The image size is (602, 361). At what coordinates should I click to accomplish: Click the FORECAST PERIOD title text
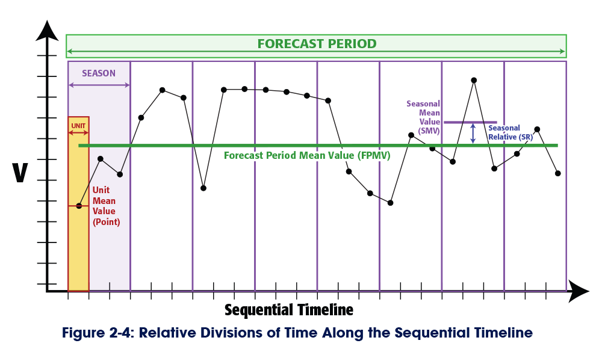point(317,44)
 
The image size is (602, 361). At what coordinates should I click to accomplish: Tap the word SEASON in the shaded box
point(99,73)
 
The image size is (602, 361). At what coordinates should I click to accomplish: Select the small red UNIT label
point(78,126)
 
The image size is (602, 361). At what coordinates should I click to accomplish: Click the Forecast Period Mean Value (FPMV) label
point(307,155)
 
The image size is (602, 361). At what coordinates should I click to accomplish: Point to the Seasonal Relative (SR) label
point(510,132)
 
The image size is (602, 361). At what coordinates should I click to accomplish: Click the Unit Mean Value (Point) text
point(106,206)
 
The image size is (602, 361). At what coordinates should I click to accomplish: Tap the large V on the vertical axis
point(20,172)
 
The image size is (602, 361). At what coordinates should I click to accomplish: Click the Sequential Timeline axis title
point(289,310)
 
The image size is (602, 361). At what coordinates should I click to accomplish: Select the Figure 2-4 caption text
point(297,333)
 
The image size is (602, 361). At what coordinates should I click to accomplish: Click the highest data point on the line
point(474,80)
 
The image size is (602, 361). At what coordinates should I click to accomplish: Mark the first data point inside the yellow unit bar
point(79,206)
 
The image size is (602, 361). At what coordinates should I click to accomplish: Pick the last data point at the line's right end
point(558,173)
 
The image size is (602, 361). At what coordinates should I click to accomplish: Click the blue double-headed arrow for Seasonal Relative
point(473,133)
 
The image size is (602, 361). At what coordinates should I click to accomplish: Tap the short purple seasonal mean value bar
point(470,122)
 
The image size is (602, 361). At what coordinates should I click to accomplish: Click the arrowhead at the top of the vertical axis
point(47,29)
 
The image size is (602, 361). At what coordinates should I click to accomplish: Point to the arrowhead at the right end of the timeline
point(579,291)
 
